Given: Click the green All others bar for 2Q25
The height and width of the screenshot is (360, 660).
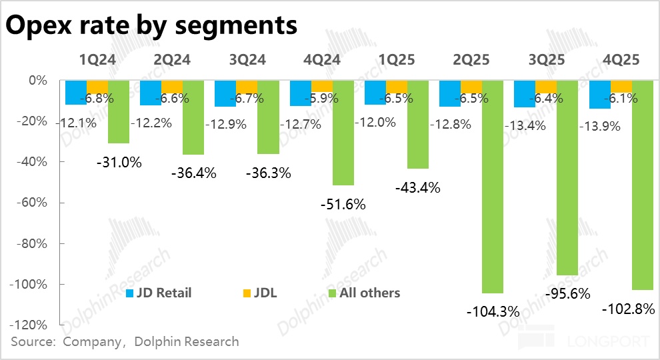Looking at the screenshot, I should coord(493,187).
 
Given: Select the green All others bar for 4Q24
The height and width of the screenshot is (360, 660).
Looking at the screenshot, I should coord(343,133).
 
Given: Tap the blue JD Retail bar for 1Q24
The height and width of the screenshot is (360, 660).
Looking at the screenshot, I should coord(76,93).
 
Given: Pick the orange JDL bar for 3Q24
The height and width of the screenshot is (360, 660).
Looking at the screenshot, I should coord(247,87).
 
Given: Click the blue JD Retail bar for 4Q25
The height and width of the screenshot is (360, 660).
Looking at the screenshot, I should coord(599,95).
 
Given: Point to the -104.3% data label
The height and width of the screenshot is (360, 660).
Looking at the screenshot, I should coord(493,311).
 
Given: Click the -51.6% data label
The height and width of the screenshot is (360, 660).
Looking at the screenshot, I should coord(343,205).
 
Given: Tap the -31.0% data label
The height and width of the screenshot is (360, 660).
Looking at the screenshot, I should coord(119,162).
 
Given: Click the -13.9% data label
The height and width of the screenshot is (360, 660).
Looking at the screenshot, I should coord(602,126).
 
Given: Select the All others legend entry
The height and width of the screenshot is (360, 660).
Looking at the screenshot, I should coord(363,293).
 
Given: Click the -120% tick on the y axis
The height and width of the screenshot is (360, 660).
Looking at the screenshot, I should coord(30,325).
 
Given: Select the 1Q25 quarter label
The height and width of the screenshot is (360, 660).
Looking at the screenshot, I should coord(397,60).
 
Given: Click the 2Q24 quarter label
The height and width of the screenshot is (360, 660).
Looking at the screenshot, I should coord(173,60).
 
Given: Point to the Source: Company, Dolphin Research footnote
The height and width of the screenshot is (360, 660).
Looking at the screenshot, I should coord(124,342).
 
